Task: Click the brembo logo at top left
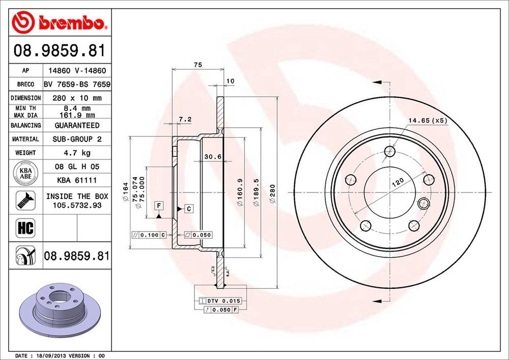(60, 22)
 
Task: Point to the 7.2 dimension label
(185, 120)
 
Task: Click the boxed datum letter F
(159, 206)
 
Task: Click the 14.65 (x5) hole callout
(427, 121)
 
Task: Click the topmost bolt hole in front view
(390, 151)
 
